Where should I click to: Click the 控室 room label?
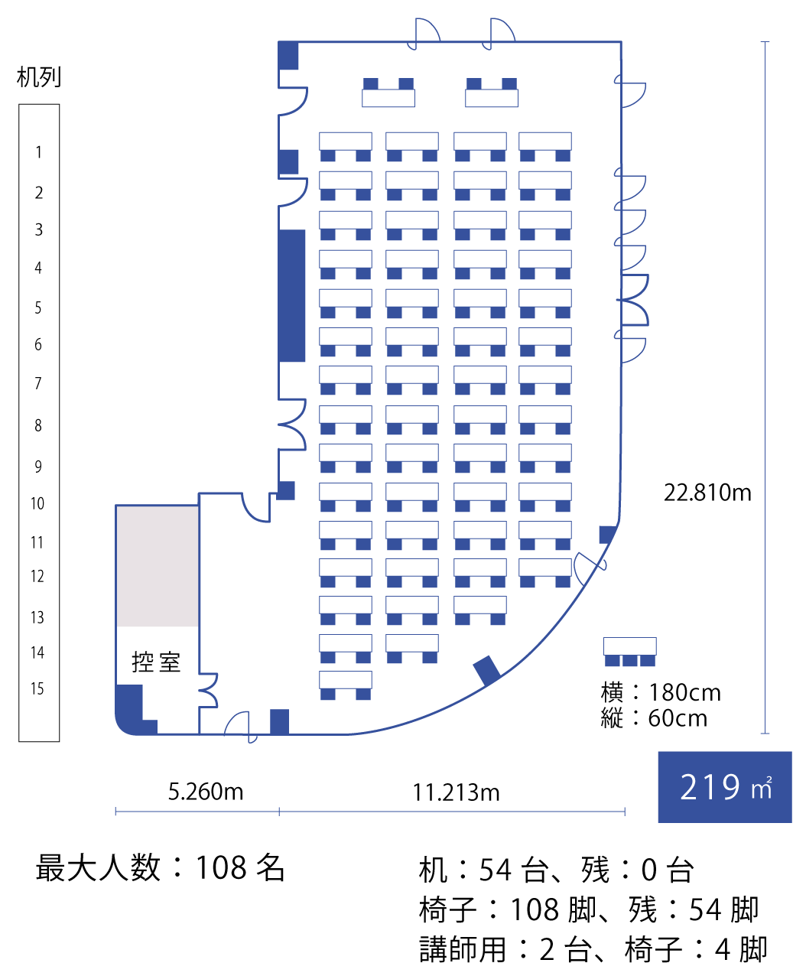pyautogui.click(x=156, y=662)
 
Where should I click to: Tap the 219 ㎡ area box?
pyautogui.click(x=724, y=787)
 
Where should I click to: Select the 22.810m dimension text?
pyautogui.click(x=707, y=493)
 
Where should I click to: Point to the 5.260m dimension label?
pyautogui.click(x=206, y=792)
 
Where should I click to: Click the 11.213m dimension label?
pyautogui.click(x=456, y=792)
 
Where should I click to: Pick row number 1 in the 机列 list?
pyautogui.click(x=38, y=152)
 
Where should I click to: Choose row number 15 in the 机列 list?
pyautogui.click(x=37, y=688)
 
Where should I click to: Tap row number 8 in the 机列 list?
pyautogui.click(x=38, y=425)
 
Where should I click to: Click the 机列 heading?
pyautogui.click(x=39, y=77)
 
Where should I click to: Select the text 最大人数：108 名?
pyautogui.click(x=161, y=868)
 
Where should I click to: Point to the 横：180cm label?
pyautogui.click(x=661, y=692)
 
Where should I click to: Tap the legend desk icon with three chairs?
pyautogui.click(x=629, y=651)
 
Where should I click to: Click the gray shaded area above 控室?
pyautogui.click(x=158, y=566)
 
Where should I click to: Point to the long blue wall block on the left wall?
pyautogui.click(x=291, y=295)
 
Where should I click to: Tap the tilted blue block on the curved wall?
pyautogui.click(x=486, y=670)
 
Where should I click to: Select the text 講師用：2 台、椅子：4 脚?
pyautogui.click(x=593, y=949)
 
